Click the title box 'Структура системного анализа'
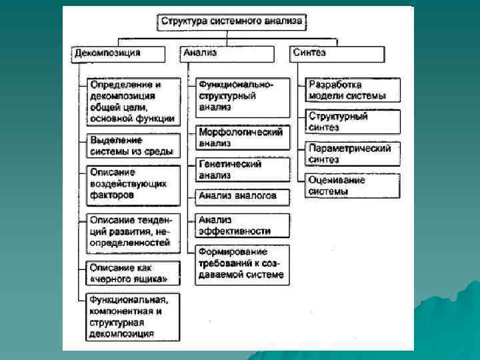pos(231,21)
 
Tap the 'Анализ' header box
pos(227,53)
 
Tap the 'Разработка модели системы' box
pos(353,91)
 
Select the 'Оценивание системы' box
pos(353,186)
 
